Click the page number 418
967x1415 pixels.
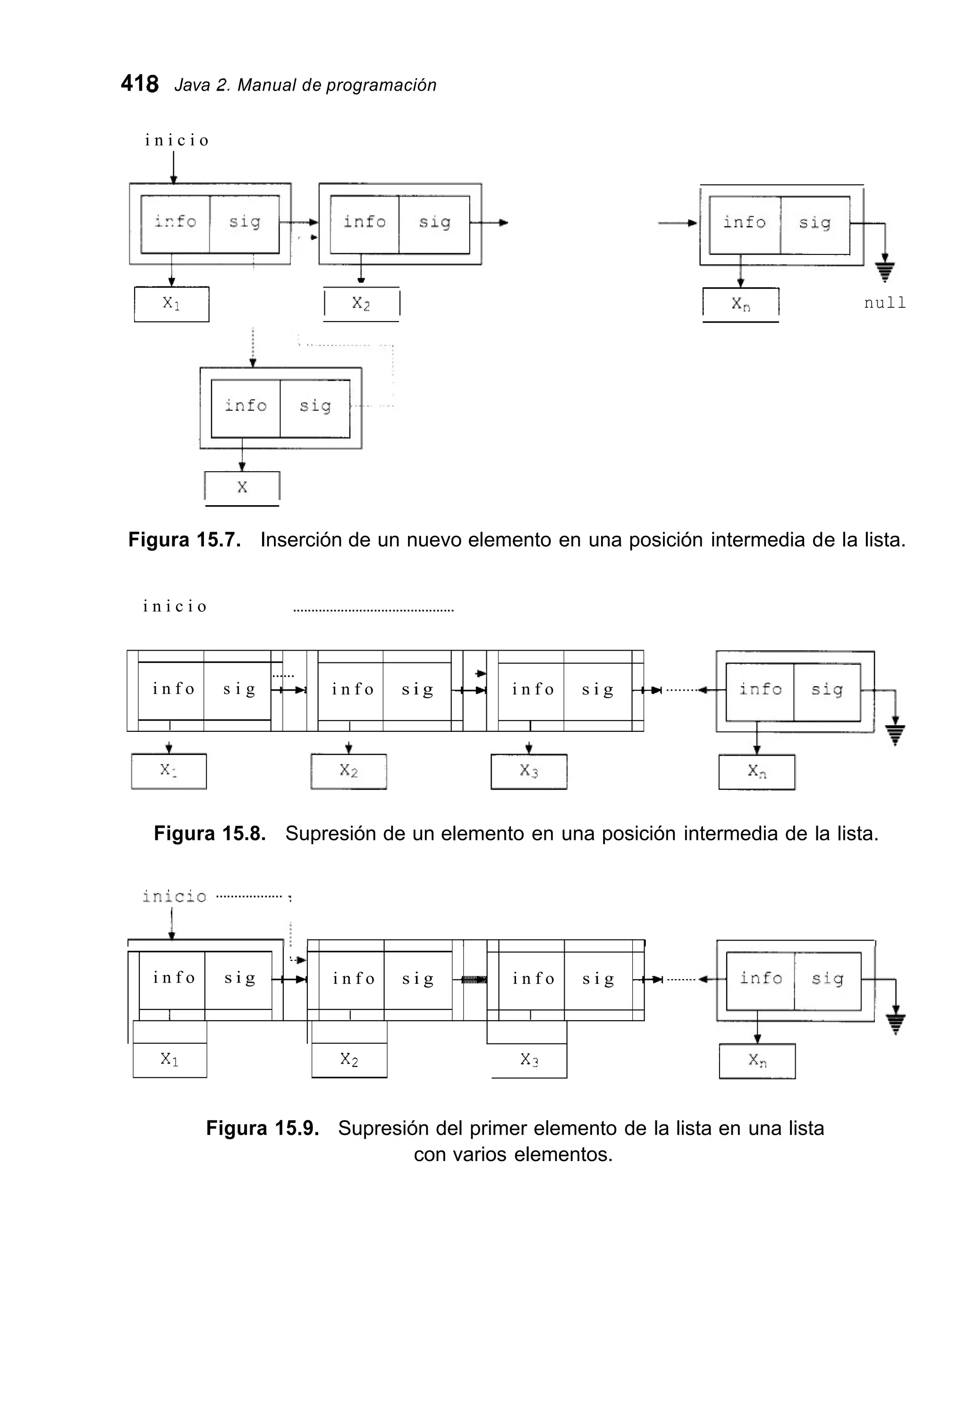tap(139, 84)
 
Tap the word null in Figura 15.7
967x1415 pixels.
tap(884, 303)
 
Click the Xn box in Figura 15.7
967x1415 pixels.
tap(740, 304)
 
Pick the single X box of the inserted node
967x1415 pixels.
tap(242, 487)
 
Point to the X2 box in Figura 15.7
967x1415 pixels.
tap(361, 304)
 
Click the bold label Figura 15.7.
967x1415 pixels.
tap(184, 540)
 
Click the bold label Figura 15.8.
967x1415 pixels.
tap(210, 833)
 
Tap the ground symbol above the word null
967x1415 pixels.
tap(885, 271)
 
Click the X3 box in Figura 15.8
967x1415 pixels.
tap(528, 771)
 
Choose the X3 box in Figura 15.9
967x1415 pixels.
tap(528, 1060)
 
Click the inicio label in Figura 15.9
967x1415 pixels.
tap(174, 896)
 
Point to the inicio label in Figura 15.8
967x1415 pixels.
tap(175, 606)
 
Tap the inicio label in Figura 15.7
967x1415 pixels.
tap(177, 141)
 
